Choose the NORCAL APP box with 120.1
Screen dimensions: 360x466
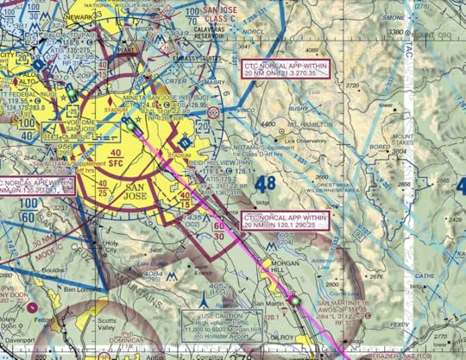(x=276, y=220)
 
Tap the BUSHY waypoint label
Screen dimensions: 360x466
(x=299, y=110)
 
